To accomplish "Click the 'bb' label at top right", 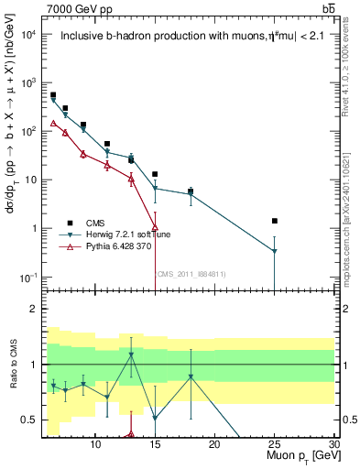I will (328, 8).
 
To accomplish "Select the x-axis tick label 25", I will (275, 444).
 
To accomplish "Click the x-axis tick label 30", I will (334, 444).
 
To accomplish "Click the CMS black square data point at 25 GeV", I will (275, 221).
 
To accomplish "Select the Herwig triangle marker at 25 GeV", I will (275, 251).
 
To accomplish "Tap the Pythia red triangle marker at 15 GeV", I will (155, 227).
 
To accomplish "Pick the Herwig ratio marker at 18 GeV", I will (191, 376).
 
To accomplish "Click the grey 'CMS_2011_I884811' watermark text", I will (191, 273).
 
